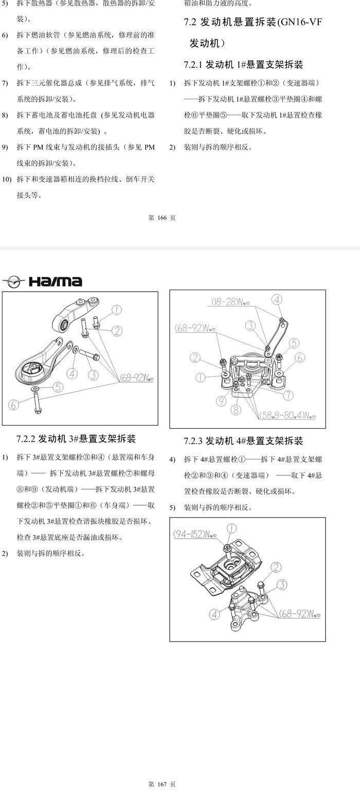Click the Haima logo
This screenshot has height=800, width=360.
tap(42, 281)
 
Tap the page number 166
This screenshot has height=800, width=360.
tap(162, 218)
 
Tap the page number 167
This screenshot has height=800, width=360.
tap(162, 784)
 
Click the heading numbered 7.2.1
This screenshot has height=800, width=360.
tap(243, 65)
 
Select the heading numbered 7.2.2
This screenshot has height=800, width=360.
tap(76, 438)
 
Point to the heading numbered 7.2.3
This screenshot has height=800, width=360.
tap(243, 441)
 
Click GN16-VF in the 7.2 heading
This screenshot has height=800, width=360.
tap(301, 22)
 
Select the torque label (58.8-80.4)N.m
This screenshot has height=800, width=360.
tap(287, 415)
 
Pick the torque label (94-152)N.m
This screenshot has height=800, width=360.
tap(195, 535)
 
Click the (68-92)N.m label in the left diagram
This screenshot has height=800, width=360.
tap(137, 378)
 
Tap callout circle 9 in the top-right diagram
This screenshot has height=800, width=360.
tap(221, 401)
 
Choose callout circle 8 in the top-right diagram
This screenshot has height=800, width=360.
tap(236, 410)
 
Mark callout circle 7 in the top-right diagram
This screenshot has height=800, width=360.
tap(288, 395)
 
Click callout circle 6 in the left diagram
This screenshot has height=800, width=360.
tap(13, 405)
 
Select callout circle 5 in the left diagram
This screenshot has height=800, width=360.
tap(58, 387)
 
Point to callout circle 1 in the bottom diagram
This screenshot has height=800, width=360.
tap(232, 528)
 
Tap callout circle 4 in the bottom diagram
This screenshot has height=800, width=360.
tap(214, 614)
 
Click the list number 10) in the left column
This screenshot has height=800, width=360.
tap(7, 179)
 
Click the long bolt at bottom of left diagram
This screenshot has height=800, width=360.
tap(37, 402)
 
